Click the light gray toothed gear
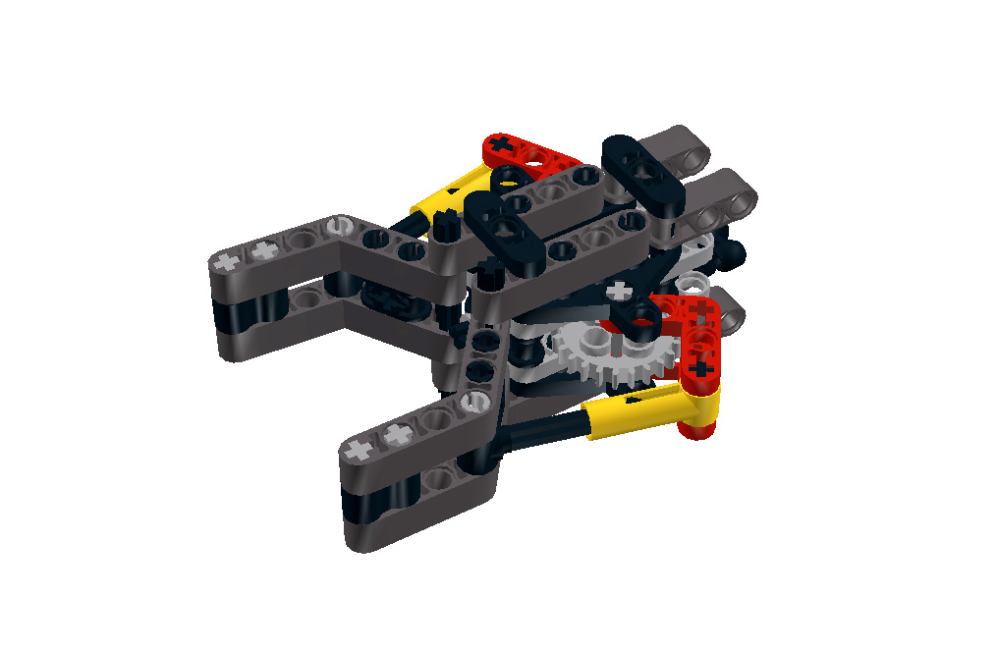pos(597,358)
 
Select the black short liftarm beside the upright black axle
pos(506,232)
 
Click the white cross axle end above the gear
pos(619,291)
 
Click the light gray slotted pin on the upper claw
pos(340,225)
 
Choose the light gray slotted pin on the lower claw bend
pos(475,399)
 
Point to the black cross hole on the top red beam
pos(502,145)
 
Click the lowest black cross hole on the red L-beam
pos(700,368)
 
